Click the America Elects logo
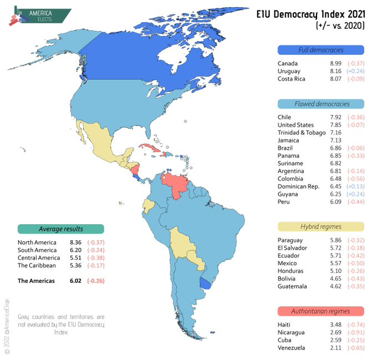[x=40, y=16]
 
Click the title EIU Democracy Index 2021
[x=310, y=14]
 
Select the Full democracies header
[x=321, y=50]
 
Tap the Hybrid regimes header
[x=321, y=226]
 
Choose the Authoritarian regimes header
[x=321, y=311]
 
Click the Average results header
[x=61, y=229]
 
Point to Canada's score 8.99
[x=335, y=63]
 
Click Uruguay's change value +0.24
[x=355, y=71]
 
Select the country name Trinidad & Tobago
[x=302, y=133]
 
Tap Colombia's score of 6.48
[x=335, y=179]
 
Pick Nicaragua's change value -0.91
[x=356, y=333]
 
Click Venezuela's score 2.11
[x=335, y=348]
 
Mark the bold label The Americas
[x=36, y=281]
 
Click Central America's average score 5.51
[x=75, y=258]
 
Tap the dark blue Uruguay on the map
[x=205, y=283]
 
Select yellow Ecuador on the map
[x=148, y=206]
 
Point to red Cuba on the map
[x=150, y=147]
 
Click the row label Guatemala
[x=292, y=286]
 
